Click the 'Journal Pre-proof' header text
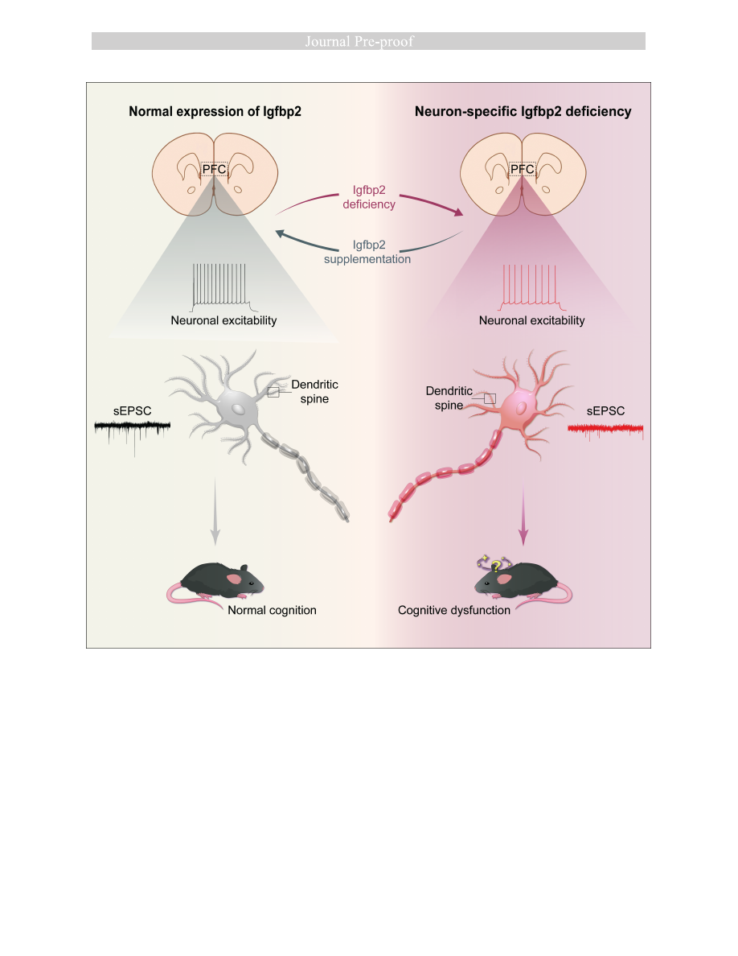click(359, 42)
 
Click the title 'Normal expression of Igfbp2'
click(215, 112)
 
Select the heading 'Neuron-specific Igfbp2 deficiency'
click(523, 112)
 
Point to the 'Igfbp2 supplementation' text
click(367, 252)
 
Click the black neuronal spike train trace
click(223, 289)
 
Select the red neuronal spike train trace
click(531, 289)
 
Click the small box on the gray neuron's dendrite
click(273, 391)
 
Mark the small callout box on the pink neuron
click(490, 398)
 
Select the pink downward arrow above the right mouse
click(523, 516)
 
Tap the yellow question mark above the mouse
click(496, 566)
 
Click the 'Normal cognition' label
click(272, 610)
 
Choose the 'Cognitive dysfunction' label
click(453, 610)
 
